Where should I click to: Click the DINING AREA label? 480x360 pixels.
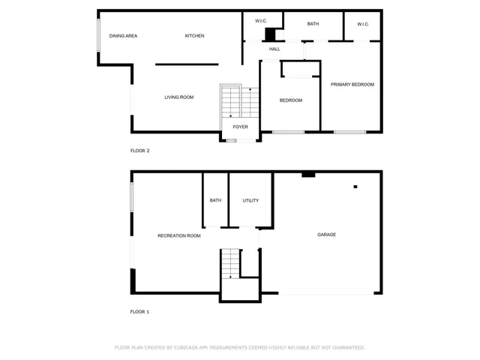[x=123, y=36]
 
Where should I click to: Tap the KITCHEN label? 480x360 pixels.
[x=195, y=36]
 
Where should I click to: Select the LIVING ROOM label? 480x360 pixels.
[x=179, y=97]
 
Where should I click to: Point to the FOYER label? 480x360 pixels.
[x=240, y=127]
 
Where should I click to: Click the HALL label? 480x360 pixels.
[x=274, y=49]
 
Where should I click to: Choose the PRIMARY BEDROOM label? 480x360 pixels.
[x=352, y=85]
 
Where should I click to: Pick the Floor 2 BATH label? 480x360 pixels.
[x=313, y=24]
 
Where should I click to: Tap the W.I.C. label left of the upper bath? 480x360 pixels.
[x=262, y=21]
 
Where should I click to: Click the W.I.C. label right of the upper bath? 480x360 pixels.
[x=363, y=24]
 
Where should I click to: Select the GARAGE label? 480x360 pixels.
[x=326, y=235]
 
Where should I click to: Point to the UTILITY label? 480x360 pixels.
[x=250, y=200]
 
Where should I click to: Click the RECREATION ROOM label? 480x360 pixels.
[x=179, y=235]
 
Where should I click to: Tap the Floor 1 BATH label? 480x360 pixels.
[x=215, y=200]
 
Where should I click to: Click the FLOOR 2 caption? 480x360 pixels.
[x=140, y=151]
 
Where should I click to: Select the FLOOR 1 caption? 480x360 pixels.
[x=140, y=311]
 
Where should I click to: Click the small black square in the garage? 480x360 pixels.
[x=355, y=187]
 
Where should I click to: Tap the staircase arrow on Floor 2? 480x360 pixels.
[x=250, y=94]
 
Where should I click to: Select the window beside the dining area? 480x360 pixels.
[x=98, y=34]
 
